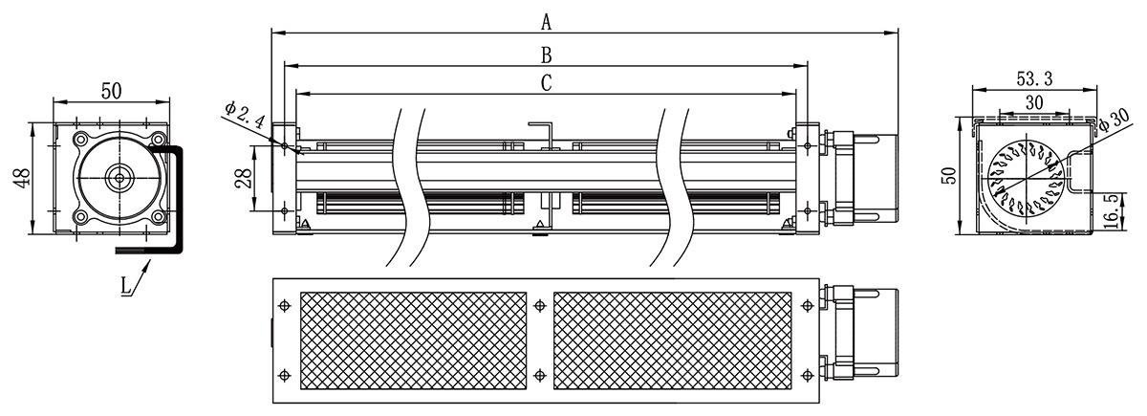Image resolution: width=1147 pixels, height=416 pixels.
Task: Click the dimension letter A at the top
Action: pyautogui.click(x=547, y=23)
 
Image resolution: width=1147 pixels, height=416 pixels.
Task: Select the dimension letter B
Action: pyautogui.click(x=547, y=55)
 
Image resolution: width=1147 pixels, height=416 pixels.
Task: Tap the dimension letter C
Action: pyautogui.click(x=547, y=83)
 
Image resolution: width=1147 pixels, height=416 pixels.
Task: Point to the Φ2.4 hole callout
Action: pyautogui.click(x=245, y=116)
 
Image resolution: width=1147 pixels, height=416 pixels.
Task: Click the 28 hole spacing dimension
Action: pyautogui.click(x=245, y=177)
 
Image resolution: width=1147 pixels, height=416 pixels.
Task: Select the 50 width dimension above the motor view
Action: pyautogui.click(x=111, y=91)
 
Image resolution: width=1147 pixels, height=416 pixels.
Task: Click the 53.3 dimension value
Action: pyautogui.click(x=1034, y=78)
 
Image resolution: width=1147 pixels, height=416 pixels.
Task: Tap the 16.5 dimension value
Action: pyautogui.click(x=1109, y=211)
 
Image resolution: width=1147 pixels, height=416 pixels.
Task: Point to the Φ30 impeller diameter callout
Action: pyautogui.click(x=1114, y=121)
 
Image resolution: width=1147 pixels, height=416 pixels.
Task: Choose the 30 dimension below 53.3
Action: pyautogui.click(x=1034, y=102)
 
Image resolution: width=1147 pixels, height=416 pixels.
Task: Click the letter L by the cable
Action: pyautogui.click(x=126, y=285)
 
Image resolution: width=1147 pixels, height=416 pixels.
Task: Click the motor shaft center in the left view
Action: pyautogui.click(x=119, y=178)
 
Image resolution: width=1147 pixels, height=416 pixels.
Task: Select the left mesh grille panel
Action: pyautogui.click(x=413, y=340)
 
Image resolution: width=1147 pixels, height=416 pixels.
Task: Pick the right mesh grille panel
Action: pyautogui.click(x=672, y=340)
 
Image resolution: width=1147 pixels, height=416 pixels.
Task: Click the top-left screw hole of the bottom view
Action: pyautogui.click(x=285, y=306)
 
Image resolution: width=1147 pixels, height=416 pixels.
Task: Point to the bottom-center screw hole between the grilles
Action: pyautogui.click(x=540, y=376)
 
